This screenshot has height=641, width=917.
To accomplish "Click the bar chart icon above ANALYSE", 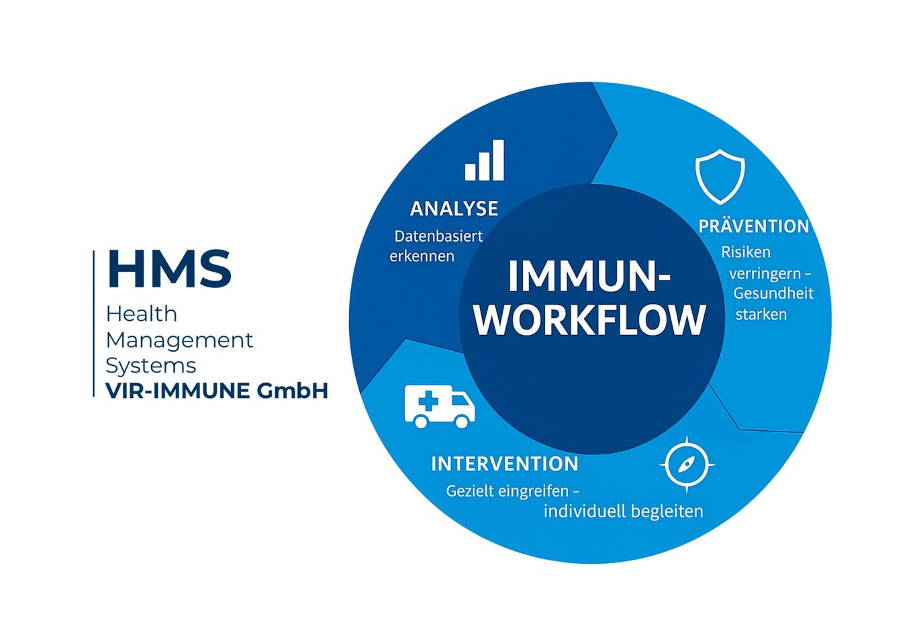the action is coord(484,160).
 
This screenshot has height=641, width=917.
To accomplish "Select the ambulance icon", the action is coord(440,406).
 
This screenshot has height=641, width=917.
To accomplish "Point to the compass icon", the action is coord(687,464).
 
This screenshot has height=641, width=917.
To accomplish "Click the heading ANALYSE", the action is coord(454,208).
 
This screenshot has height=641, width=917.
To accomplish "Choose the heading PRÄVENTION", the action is coord(754,226).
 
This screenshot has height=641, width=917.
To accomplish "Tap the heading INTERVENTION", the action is coord(505,464).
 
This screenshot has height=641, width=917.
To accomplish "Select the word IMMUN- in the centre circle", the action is coord(589,275).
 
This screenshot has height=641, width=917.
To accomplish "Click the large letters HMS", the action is coord(169,268).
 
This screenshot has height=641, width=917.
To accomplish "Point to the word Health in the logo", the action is coord(142,314).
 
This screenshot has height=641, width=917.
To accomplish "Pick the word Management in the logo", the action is coord(179,340).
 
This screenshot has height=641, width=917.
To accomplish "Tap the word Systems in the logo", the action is coord(151,366).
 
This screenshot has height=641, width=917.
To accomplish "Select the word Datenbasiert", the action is coord(438,236).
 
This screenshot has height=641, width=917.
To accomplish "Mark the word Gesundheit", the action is coord(773,293).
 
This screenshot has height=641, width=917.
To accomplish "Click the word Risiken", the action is coord(745,252).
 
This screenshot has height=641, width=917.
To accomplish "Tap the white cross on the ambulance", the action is coord(428,401).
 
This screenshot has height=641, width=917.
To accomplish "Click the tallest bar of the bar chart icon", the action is coord(498,160).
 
